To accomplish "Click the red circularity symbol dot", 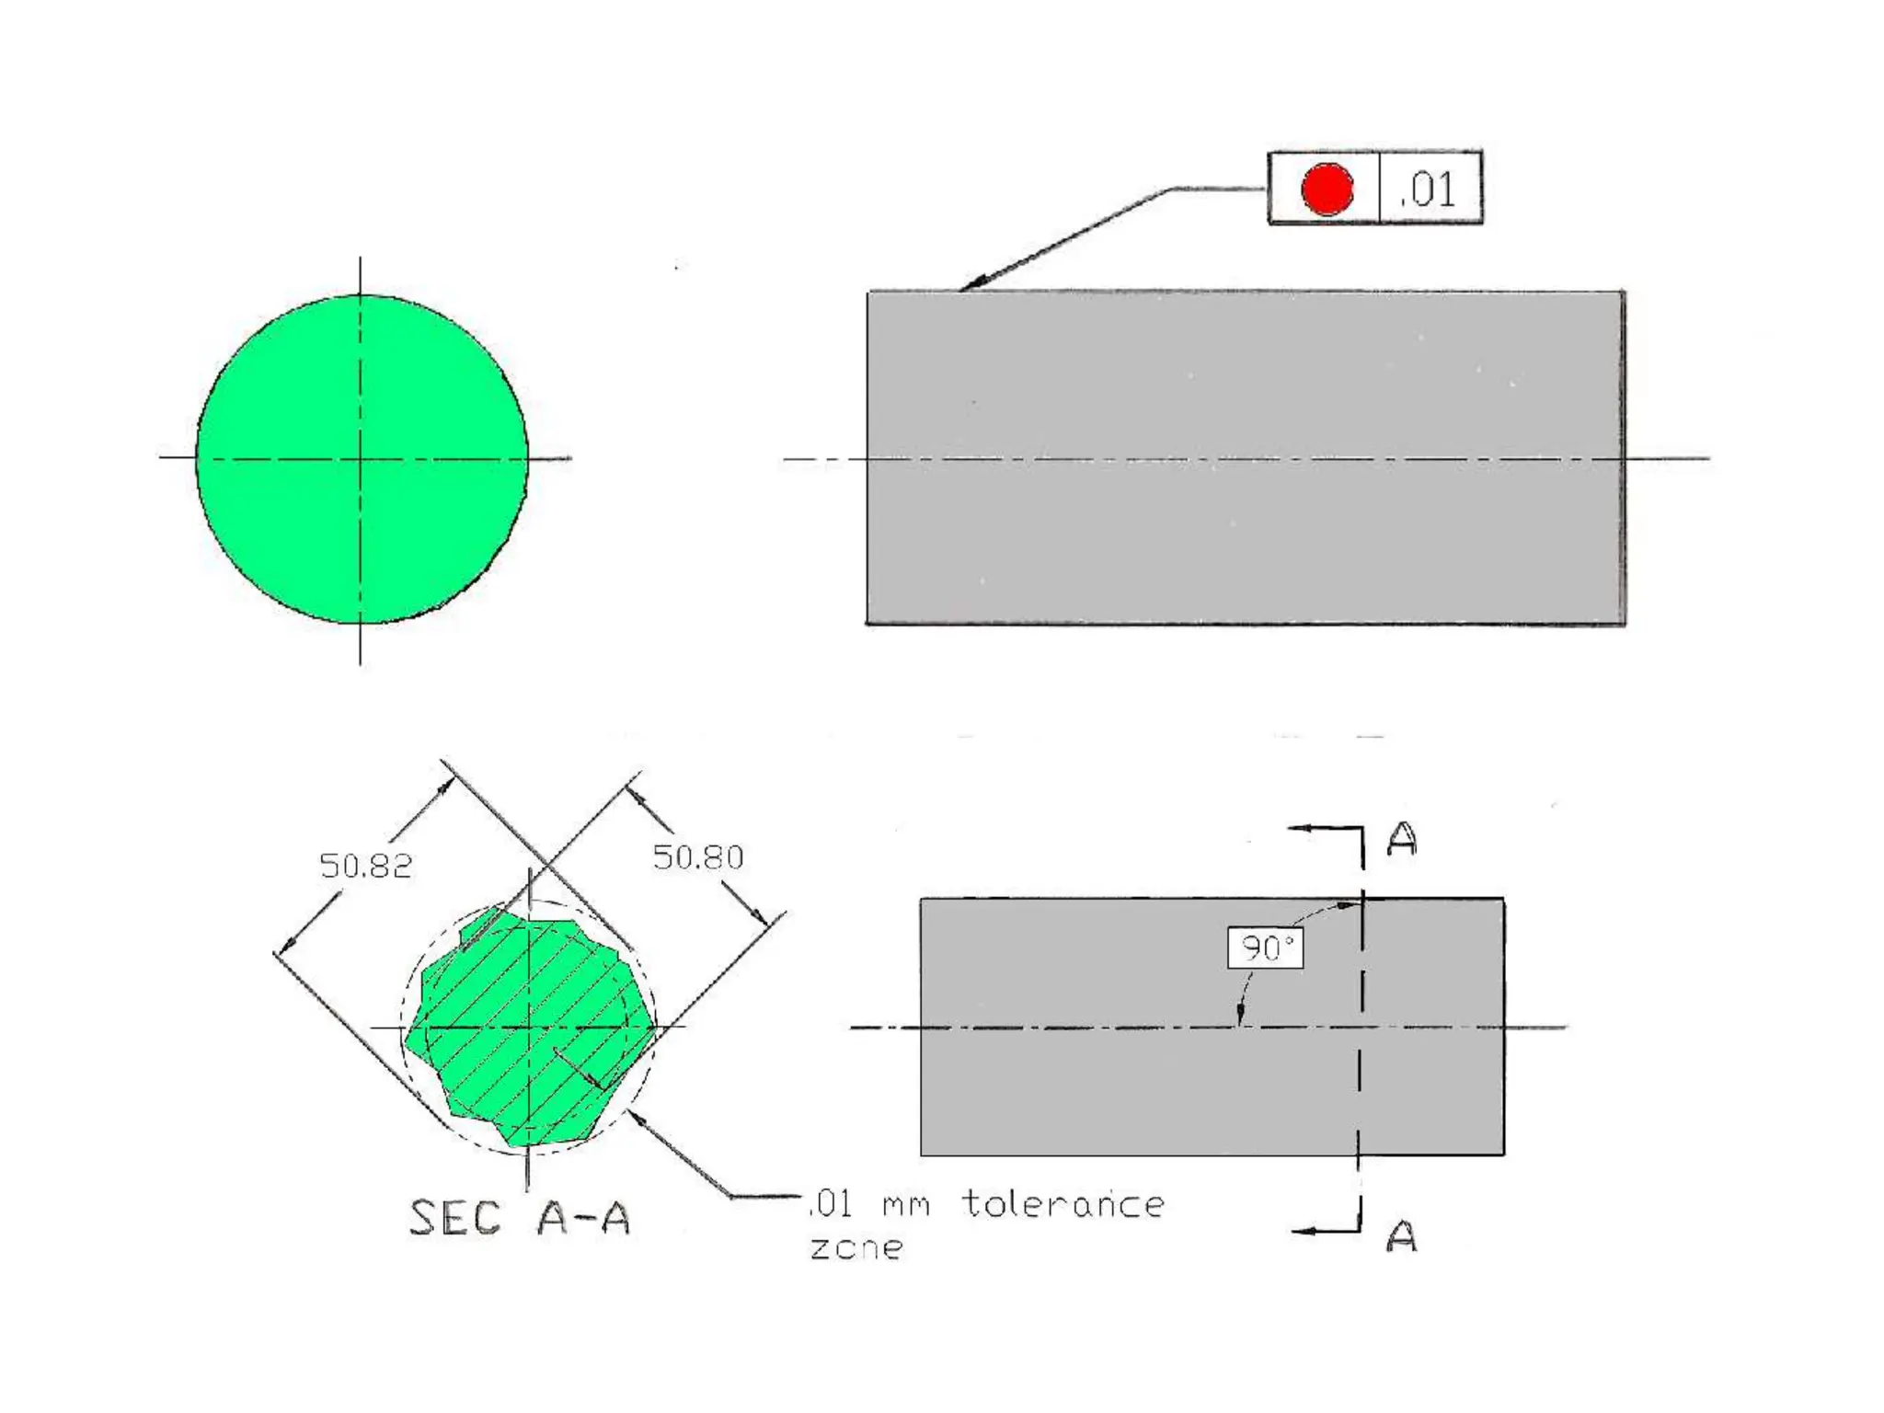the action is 1327,189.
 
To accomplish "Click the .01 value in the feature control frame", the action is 1427,190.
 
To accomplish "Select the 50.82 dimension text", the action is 365,866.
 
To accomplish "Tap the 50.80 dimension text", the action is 697,857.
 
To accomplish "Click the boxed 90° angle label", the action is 1266,948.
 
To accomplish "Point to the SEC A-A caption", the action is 520,1218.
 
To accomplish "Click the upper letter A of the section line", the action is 1402,839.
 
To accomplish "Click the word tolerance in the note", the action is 1063,1203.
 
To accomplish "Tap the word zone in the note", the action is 856,1247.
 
